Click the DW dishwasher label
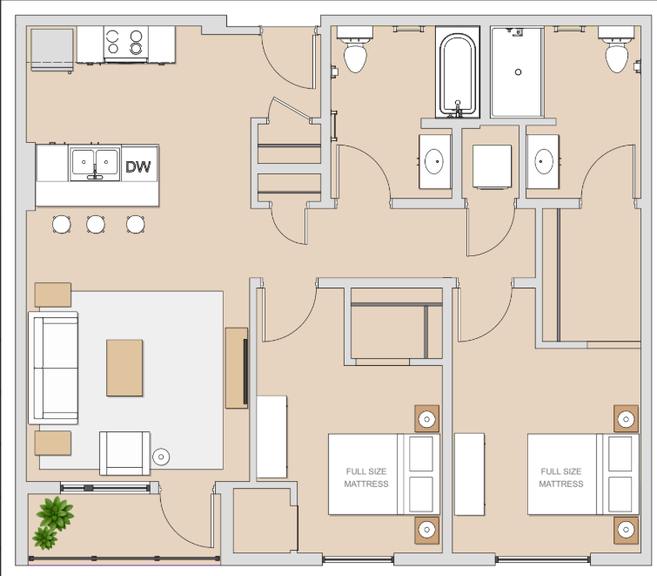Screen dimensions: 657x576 point(137,166)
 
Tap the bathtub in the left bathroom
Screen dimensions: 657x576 point(458,72)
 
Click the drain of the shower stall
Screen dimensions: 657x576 point(518,72)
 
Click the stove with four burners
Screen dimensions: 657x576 point(125,44)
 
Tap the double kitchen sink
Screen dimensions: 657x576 point(95,163)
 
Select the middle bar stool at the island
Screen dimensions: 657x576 point(96,224)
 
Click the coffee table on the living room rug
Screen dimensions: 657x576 point(124,368)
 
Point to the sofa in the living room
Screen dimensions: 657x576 point(53,368)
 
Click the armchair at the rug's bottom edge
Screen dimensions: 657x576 point(124,453)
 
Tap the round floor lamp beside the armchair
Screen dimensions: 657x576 point(161,457)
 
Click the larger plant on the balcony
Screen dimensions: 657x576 point(55,512)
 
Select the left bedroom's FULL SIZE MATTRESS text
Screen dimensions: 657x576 point(366,478)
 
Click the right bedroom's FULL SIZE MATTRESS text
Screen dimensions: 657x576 point(561,478)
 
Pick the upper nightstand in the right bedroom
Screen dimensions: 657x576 point(626,418)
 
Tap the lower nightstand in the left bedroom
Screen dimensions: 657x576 point(427,531)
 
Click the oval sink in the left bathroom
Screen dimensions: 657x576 point(434,161)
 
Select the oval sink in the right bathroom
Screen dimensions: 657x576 point(544,161)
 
